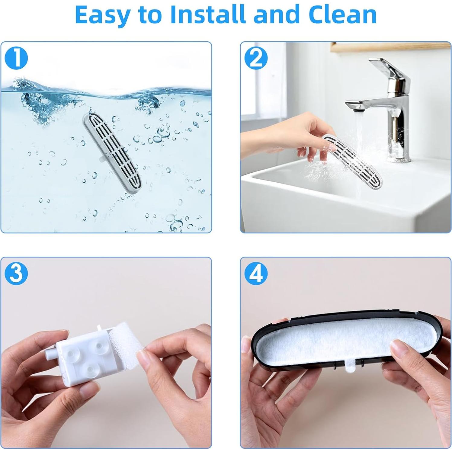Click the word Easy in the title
coord(102,15)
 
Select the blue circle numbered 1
coord(16,58)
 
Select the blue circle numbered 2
coord(256,58)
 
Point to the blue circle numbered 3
coord(16,274)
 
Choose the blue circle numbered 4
coord(256,274)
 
